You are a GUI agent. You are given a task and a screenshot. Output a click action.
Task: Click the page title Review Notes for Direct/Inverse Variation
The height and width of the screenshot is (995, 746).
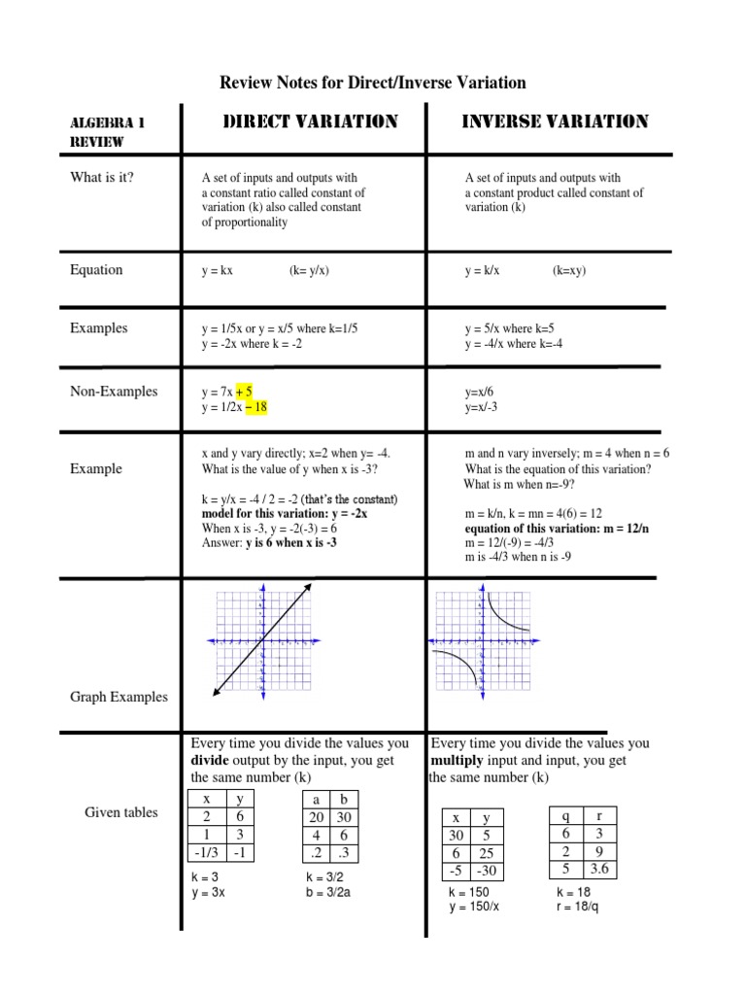pyautogui.click(x=373, y=84)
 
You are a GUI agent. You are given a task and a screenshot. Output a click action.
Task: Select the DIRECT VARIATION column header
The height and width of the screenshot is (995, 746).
pyautogui.click(x=311, y=122)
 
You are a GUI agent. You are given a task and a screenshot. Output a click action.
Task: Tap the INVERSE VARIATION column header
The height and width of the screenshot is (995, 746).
pyautogui.click(x=555, y=122)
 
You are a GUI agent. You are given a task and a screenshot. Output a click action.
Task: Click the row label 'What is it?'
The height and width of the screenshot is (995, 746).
pyautogui.click(x=102, y=177)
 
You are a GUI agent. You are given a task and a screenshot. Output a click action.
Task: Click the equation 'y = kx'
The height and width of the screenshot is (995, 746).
pyautogui.click(x=218, y=271)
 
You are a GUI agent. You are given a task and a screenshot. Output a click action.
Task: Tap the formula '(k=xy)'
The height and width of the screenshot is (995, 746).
pyautogui.click(x=570, y=271)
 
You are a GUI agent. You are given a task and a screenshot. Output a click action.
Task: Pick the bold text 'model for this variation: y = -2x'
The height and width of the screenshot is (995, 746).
pyautogui.click(x=284, y=513)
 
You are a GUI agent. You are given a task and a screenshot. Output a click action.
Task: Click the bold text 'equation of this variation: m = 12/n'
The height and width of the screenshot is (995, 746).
pyautogui.click(x=555, y=528)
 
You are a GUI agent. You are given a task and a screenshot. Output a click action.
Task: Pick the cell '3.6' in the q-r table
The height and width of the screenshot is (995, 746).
pyautogui.click(x=599, y=868)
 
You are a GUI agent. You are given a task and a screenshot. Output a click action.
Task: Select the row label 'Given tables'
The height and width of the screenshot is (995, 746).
pyautogui.click(x=120, y=812)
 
